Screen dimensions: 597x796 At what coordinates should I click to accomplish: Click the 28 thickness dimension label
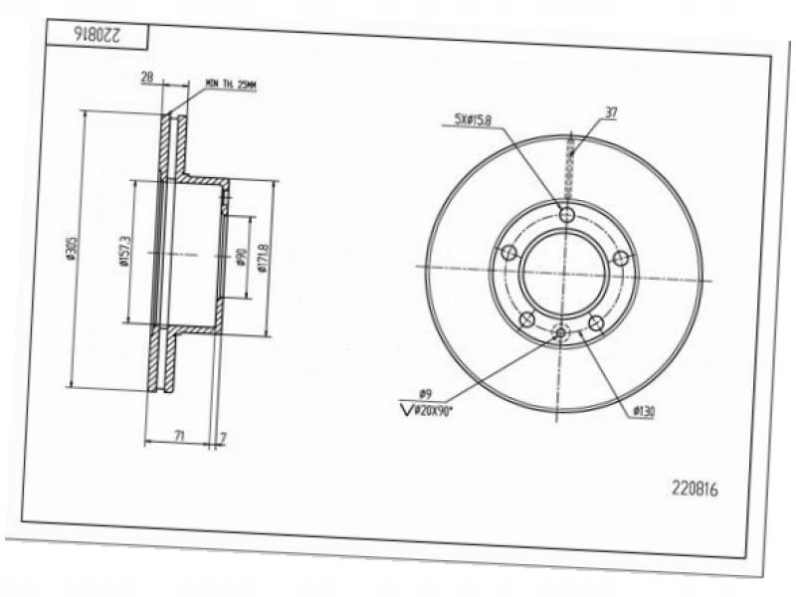[146, 77]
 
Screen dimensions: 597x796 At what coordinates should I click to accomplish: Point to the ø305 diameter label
[73, 250]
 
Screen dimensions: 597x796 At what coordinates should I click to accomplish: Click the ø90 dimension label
[241, 258]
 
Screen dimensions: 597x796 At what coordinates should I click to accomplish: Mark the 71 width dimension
[178, 436]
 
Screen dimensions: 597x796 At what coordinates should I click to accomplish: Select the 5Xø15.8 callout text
[473, 120]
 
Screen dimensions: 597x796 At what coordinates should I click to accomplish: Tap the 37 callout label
[610, 112]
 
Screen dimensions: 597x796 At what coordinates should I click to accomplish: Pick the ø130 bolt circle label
[642, 410]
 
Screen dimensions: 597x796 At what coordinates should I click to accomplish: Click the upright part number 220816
[696, 489]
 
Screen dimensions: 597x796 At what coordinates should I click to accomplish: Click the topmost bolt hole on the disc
[566, 215]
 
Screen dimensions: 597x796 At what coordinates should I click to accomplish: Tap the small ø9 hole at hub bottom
[560, 333]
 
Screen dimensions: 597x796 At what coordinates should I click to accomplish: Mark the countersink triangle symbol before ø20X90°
[405, 408]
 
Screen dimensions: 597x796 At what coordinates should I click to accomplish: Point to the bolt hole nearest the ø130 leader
[596, 323]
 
